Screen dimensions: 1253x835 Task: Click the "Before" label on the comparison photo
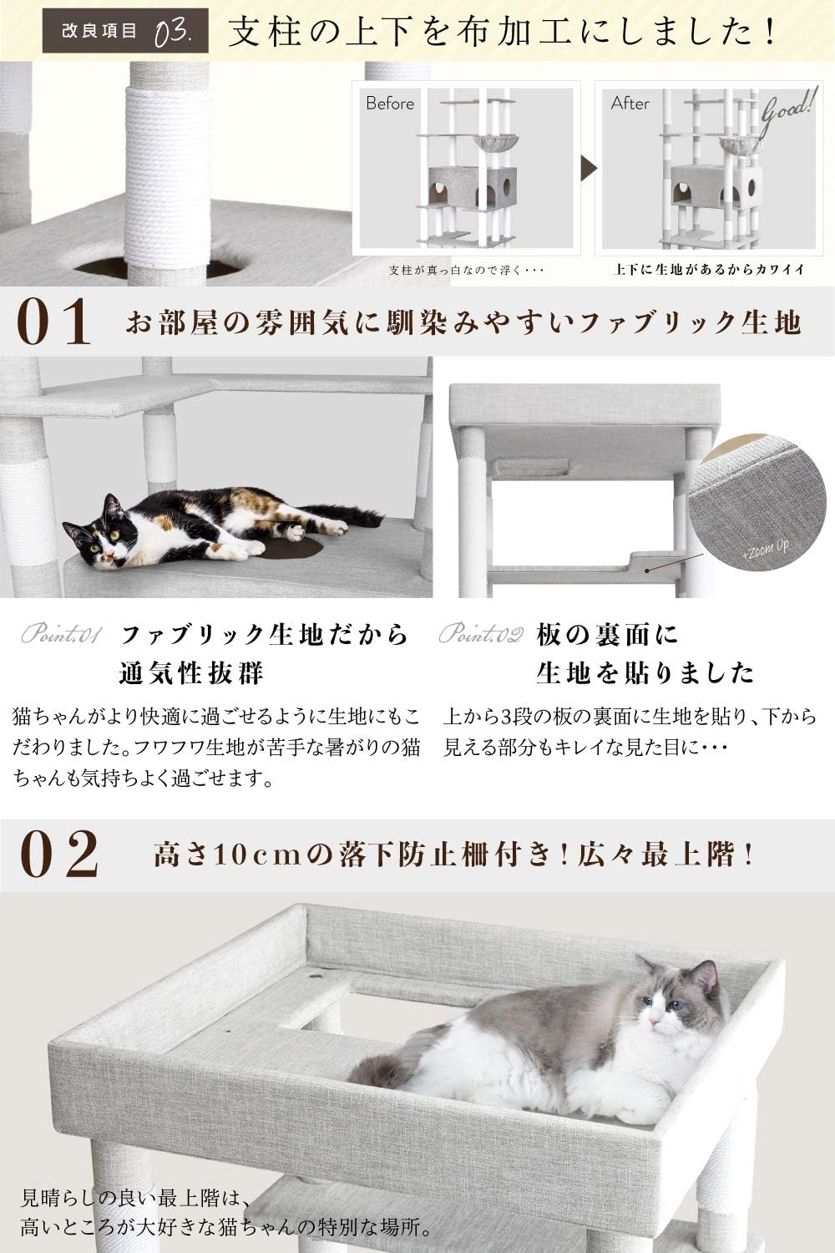(390, 104)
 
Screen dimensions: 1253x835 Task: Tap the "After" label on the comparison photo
(630, 104)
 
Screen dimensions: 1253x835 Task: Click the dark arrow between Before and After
(590, 168)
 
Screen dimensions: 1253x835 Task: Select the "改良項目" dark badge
(99, 33)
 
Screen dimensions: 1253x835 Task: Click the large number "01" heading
(53, 324)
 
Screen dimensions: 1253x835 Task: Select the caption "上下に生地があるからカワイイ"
(709, 270)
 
